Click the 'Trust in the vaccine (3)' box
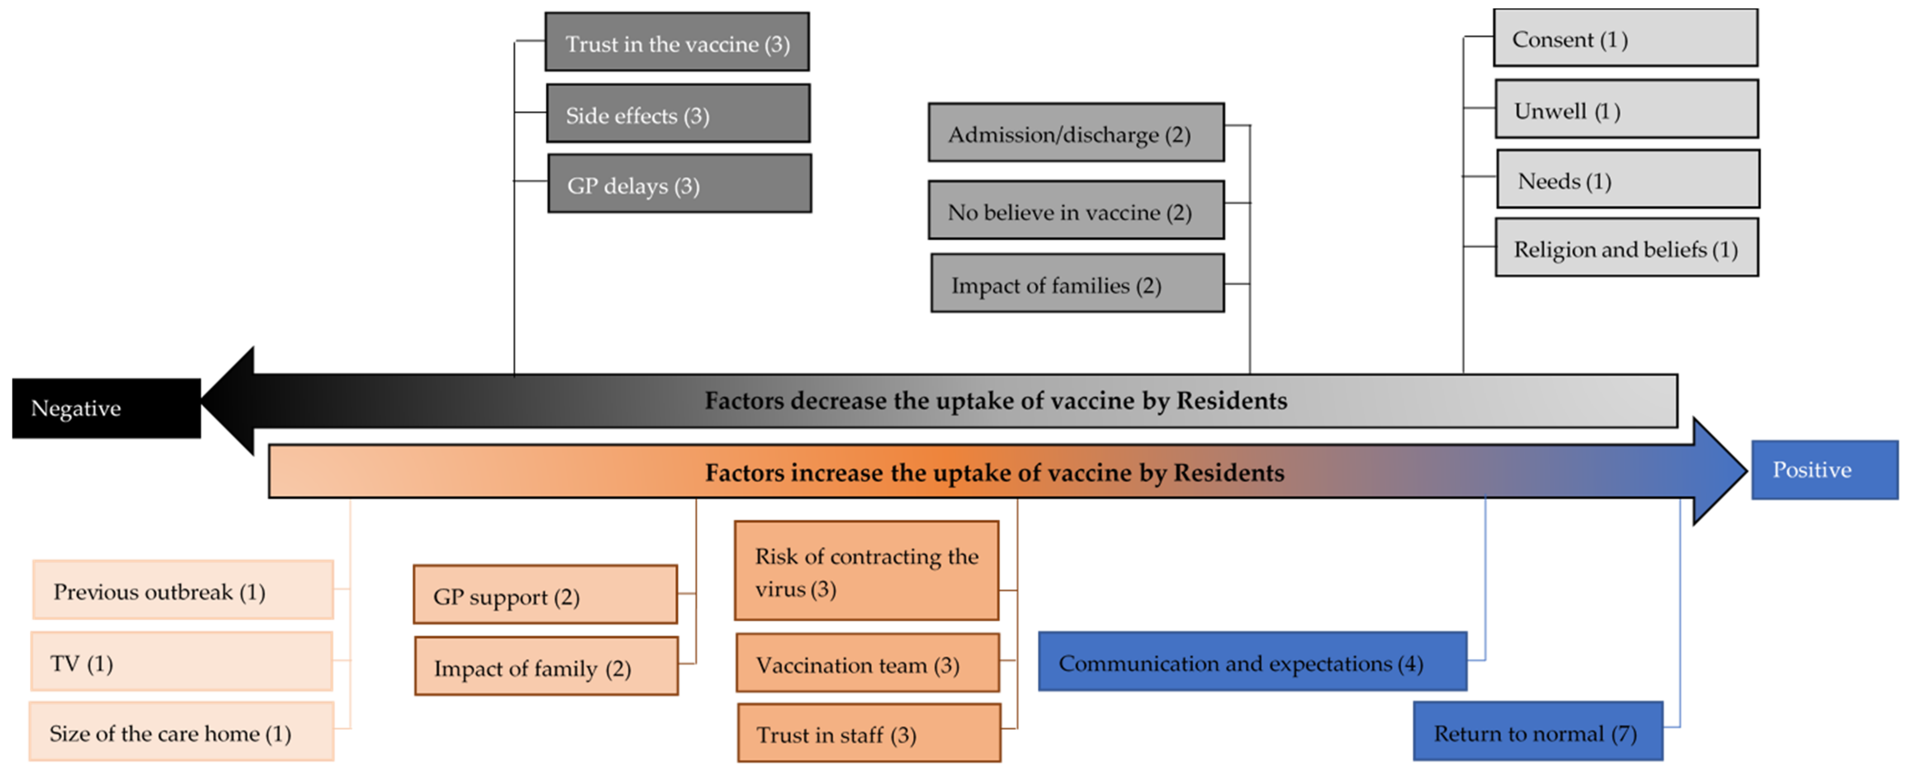pos(677,42)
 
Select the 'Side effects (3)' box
pos(678,114)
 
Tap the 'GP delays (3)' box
pos(679,184)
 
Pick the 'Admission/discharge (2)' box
pos(1076,133)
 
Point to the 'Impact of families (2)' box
pos(1077,284)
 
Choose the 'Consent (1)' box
pos(1625,38)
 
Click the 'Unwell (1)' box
pos(1626,109)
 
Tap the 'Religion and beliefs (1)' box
pos(1626,248)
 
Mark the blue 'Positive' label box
pos(1824,469)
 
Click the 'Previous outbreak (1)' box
pos(183,591)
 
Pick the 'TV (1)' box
pos(181,662)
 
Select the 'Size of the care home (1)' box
pos(181,732)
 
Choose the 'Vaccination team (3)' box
pos(868,663)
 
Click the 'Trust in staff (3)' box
pos(869,734)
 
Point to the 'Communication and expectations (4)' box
pos(1252,662)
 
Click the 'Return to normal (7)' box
pos(1537,732)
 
